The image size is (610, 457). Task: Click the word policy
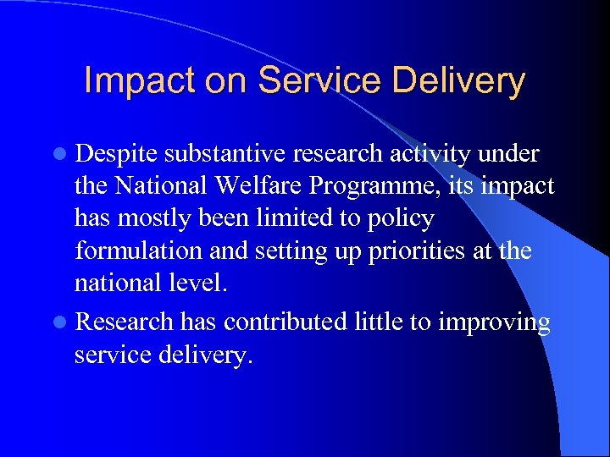[402, 219]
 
